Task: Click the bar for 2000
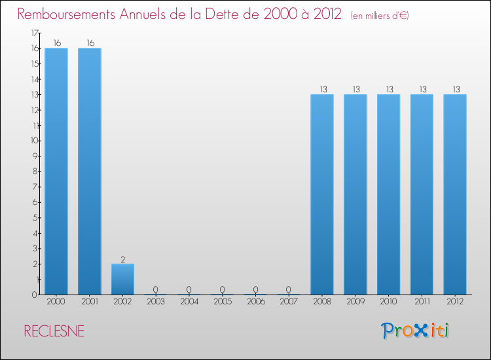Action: pyautogui.click(x=56, y=171)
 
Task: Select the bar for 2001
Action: pyautogui.click(x=90, y=171)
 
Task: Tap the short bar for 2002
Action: pyautogui.click(x=122, y=279)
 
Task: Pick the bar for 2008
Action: pyautogui.click(x=322, y=194)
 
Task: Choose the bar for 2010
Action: pyautogui.click(x=388, y=194)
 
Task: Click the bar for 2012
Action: pyautogui.click(x=455, y=194)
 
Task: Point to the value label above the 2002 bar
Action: pyautogui.click(x=122, y=259)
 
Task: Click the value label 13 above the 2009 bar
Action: pyautogui.click(x=355, y=90)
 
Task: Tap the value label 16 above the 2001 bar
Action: pyautogui.click(x=90, y=43)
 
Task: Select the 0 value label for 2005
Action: pyautogui.click(x=223, y=289)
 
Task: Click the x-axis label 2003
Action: pyautogui.click(x=156, y=302)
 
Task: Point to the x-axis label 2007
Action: pyautogui.click(x=289, y=302)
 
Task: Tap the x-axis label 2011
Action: pyautogui.click(x=422, y=302)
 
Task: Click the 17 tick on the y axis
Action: pyautogui.click(x=35, y=33)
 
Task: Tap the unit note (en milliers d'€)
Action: pyautogui.click(x=380, y=16)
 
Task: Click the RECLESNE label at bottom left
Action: pyautogui.click(x=54, y=331)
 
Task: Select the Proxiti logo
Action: pyautogui.click(x=416, y=331)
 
